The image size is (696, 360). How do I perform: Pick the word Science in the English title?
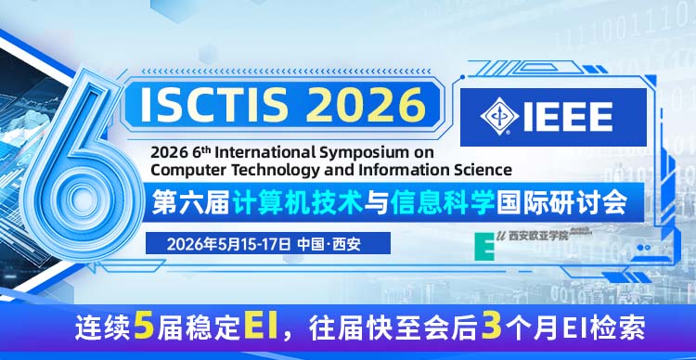[481, 169]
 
